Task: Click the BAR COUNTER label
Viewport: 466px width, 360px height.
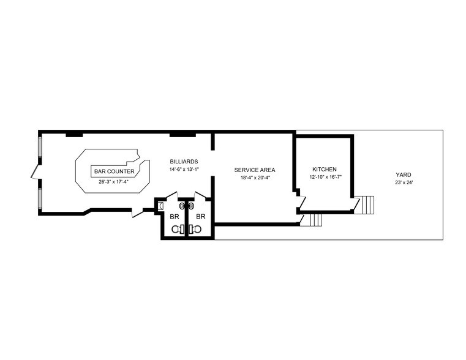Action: pyautogui.click(x=114, y=171)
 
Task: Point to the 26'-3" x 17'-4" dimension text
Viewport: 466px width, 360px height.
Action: pyautogui.click(x=114, y=182)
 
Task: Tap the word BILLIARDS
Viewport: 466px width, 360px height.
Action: pyautogui.click(x=184, y=161)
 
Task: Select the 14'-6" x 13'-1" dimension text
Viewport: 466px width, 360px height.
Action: pyautogui.click(x=184, y=169)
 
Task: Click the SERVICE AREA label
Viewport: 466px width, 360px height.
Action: pyautogui.click(x=254, y=170)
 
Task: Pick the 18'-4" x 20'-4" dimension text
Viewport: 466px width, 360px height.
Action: pyautogui.click(x=254, y=178)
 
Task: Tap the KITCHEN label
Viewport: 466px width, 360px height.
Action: pyautogui.click(x=325, y=169)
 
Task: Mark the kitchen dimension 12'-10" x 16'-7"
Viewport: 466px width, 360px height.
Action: pyautogui.click(x=325, y=177)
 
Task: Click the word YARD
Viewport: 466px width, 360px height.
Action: pyautogui.click(x=403, y=174)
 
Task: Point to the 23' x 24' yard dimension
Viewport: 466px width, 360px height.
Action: pyautogui.click(x=403, y=182)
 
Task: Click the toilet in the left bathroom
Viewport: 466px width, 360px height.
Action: pyautogui.click(x=177, y=229)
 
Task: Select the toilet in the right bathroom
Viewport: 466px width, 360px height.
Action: pyautogui.click(x=195, y=229)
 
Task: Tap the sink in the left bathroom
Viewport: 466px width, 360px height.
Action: pyautogui.click(x=181, y=206)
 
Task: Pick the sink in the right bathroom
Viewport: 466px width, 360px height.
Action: pyautogui.click(x=190, y=206)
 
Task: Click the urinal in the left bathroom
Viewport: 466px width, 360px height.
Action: pyautogui.click(x=160, y=206)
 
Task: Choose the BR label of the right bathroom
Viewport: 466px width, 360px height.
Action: pyautogui.click(x=200, y=217)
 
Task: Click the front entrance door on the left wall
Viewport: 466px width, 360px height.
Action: pyautogui.click(x=36, y=171)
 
